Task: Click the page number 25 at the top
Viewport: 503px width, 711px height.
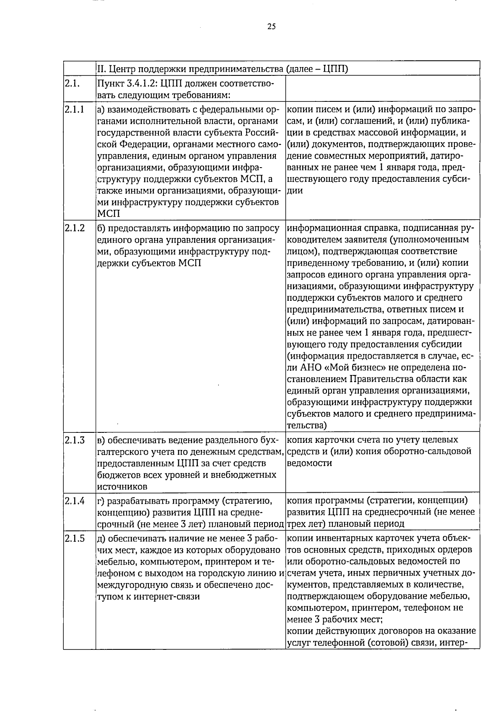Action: click(x=271, y=27)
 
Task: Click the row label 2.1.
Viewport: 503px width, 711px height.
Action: click(x=72, y=83)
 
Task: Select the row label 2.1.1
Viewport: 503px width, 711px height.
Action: click(x=74, y=110)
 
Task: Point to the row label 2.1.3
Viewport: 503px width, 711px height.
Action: click(x=75, y=440)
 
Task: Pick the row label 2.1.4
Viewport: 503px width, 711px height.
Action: click(x=75, y=500)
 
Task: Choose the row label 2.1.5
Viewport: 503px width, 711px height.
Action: click(x=75, y=538)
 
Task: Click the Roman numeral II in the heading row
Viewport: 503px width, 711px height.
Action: click(x=100, y=69)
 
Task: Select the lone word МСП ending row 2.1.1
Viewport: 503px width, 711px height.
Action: click(x=109, y=214)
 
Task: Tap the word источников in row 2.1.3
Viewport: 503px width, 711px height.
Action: click(x=122, y=487)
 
